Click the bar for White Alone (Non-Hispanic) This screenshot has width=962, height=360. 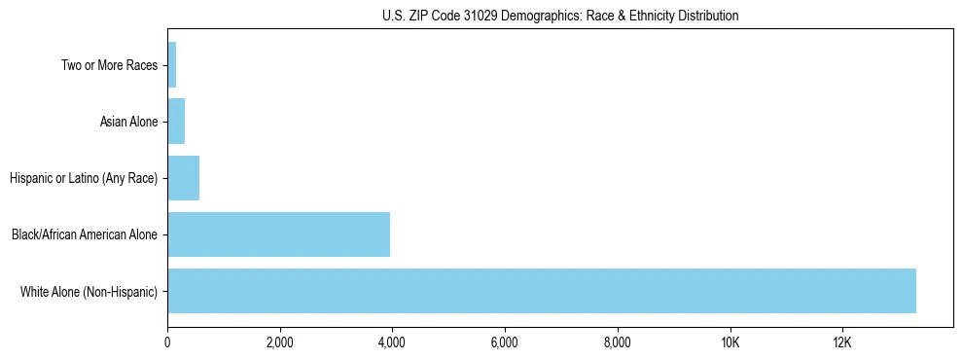[x=541, y=291]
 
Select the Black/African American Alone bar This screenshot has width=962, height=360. [x=278, y=234]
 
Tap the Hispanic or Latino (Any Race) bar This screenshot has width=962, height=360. [x=183, y=178]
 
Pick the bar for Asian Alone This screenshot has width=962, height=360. [x=176, y=122]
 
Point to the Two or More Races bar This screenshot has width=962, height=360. [x=172, y=65]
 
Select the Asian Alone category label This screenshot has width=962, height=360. [x=128, y=122]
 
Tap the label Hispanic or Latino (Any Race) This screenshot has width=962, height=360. [x=84, y=178]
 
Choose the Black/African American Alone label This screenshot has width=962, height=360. [x=85, y=234]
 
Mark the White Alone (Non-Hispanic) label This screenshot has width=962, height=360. [x=89, y=291]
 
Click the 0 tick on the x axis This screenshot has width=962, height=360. [x=167, y=343]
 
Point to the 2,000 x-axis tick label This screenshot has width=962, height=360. [x=279, y=343]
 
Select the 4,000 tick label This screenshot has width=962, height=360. [x=392, y=343]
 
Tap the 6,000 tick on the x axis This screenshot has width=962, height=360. [x=505, y=343]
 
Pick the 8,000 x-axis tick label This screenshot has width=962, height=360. [x=618, y=343]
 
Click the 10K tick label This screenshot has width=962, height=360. [x=730, y=343]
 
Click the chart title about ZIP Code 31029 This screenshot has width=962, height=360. [x=559, y=16]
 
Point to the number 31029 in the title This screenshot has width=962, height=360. [x=480, y=16]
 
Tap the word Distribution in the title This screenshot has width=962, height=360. [x=705, y=16]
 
